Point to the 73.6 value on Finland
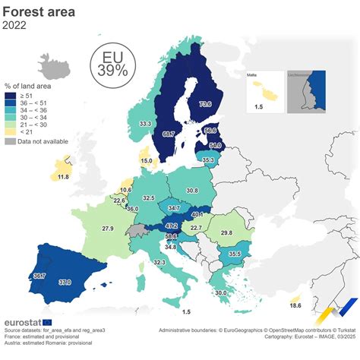tap(204, 104)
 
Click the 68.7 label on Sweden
tap(169, 134)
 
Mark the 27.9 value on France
tap(108, 229)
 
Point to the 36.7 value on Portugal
tap(39, 276)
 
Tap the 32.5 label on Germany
tap(149, 197)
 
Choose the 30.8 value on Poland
tap(191, 191)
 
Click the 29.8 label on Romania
tap(226, 232)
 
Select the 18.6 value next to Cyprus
tap(295, 305)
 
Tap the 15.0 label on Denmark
tap(147, 160)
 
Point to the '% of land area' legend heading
tap(27, 86)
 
